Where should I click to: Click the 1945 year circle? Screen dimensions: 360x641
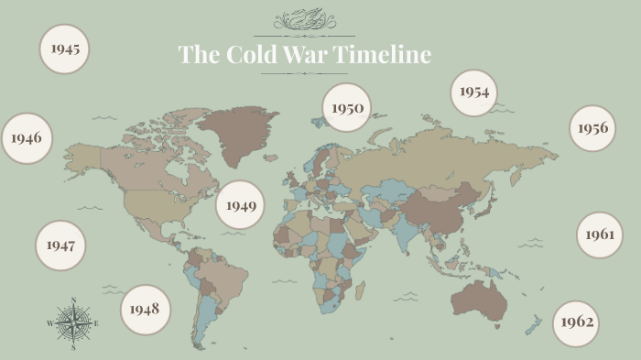click(64, 48)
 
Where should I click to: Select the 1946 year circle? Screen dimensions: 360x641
click(27, 138)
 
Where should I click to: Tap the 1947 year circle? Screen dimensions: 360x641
click(60, 245)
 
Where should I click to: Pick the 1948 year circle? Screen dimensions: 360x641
click(145, 308)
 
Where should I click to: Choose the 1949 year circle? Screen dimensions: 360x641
click(241, 205)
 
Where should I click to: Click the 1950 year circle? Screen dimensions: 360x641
click(347, 108)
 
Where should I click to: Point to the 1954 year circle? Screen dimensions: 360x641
click(474, 93)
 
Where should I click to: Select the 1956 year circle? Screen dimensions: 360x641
click(592, 128)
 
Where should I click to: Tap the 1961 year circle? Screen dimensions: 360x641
click(600, 235)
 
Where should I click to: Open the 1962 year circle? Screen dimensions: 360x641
click(576, 322)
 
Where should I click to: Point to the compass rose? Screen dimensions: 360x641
click(72, 323)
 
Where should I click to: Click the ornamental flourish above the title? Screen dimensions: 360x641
click(304, 19)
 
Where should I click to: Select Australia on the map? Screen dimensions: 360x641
click(479, 299)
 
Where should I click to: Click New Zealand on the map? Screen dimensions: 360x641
click(532, 322)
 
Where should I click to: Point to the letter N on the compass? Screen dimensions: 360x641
click(72, 300)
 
